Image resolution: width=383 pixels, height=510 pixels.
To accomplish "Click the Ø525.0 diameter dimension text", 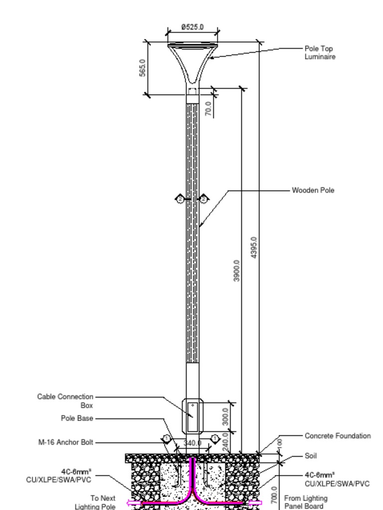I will click(x=192, y=27).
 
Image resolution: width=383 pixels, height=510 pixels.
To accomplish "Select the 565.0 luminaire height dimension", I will click(x=142, y=68).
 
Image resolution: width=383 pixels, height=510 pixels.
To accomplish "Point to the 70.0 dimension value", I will click(x=209, y=109).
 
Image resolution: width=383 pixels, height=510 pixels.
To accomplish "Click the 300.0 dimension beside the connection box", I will click(x=225, y=416).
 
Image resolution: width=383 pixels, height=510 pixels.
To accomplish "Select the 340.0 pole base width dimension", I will click(x=192, y=443).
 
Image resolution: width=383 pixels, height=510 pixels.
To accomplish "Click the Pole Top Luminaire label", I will click(x=320, y=53).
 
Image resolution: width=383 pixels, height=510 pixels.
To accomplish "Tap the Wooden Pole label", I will click(x=313, y=190).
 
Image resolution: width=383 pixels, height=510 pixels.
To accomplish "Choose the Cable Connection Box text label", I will click(x=65, y=401).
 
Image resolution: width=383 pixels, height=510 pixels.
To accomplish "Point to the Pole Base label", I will click(x=77, y=418).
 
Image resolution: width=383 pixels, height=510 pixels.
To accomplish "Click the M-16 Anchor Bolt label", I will click(x=65, y=442).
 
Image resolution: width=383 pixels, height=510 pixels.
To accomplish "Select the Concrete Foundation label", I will click(x=337, y=436).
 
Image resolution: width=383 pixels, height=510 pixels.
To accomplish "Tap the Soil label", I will click(x=310, y=456).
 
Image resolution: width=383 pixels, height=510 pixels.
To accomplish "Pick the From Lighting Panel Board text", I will click(x=306, y=502).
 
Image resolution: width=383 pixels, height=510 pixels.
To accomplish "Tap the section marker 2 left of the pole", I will click(x=181, y=199).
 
